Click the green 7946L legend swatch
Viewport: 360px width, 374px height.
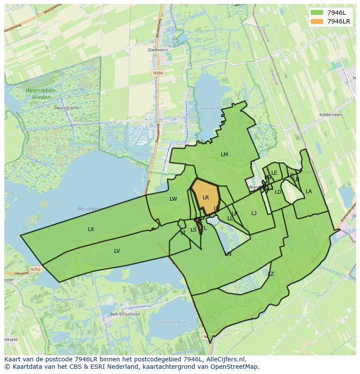tap(317, 13)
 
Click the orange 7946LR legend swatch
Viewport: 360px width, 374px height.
tap(317, 21)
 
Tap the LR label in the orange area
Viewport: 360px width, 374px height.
tap(206, 198)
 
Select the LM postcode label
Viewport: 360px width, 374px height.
tap(224, 155)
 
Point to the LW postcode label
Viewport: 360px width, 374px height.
tap(173, 199)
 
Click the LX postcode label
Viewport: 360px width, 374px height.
tap(91, 229)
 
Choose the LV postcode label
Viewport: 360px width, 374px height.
tap(117, 251)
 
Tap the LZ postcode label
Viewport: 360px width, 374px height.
tap(271, 274)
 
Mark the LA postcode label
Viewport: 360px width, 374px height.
tap(309, 192)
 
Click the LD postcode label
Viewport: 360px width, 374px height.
tap(278, 192)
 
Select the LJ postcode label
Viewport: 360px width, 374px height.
tap(254, 213)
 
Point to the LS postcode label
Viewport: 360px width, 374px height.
tap(193, 230)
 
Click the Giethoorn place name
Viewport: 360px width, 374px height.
tap(157, 50)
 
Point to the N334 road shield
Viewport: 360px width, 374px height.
tap(158, 73)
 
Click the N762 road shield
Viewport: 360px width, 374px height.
tap(36, 269)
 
